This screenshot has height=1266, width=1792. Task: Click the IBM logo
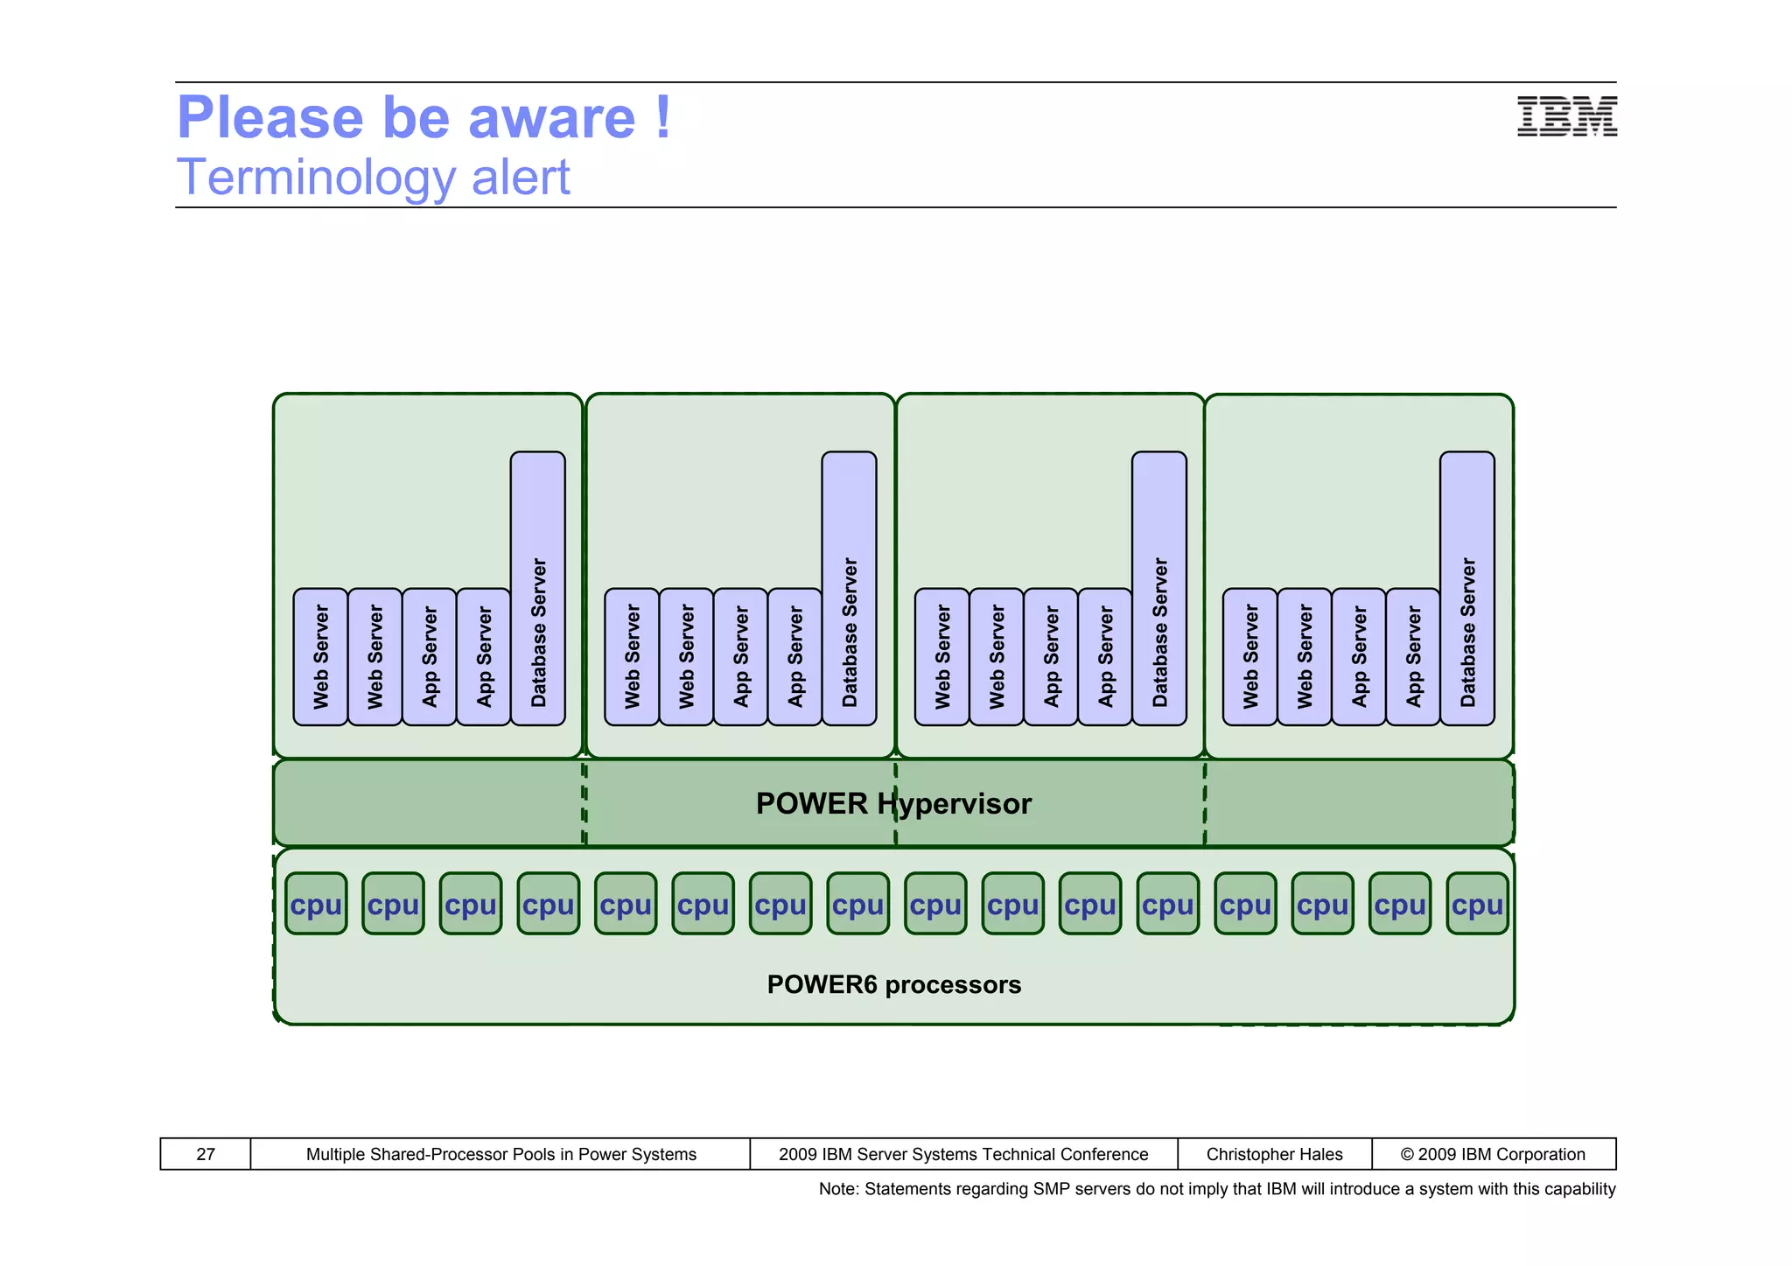click(1566, 117)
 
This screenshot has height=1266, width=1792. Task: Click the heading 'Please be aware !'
click(424, 117)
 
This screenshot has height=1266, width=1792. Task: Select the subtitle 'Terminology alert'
click(374, 178)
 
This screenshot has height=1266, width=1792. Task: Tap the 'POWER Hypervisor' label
click(893, 803)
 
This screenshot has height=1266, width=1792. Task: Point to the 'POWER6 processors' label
click(893, 984)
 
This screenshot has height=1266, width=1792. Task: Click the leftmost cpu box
click(316, 904)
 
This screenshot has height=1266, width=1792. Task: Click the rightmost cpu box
click(1477, 904)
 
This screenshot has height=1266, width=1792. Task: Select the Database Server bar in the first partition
click(538, 588)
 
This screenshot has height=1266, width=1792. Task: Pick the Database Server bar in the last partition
click(1467, 588)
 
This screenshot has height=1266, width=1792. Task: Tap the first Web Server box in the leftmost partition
click(321, 656)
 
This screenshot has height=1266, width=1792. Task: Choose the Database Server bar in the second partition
click(849, 588)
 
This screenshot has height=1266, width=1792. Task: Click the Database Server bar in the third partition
click(1159, 588)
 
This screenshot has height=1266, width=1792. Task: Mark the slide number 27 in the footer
click(206, 1154)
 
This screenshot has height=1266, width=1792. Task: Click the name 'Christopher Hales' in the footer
click(1274, 1154)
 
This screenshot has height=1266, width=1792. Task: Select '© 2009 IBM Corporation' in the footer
click(1493, 1154)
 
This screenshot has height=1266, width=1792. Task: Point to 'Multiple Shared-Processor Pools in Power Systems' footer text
click(500, 1154)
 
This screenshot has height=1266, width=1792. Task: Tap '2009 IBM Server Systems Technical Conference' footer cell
click(963, 1154)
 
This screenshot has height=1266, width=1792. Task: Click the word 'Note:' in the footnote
click(838, 1189)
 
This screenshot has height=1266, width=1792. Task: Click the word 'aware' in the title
click(551, 119)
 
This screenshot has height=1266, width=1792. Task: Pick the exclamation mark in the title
click(663, 117)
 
